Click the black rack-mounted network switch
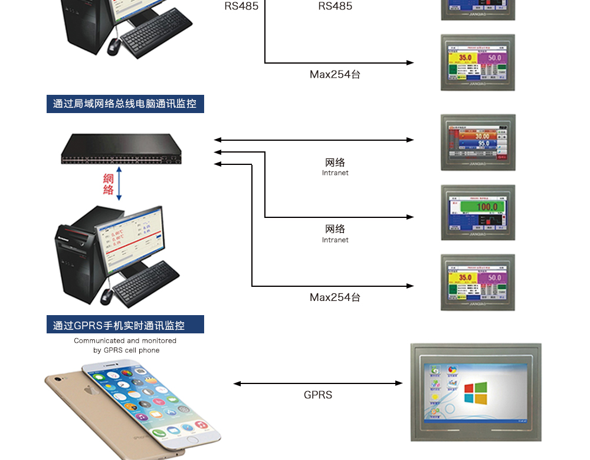coord(122,148)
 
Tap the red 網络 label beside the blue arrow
coord(108,184)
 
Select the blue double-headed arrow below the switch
coord(119,183)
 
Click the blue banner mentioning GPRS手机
coord(125,325)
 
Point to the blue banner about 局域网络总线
coord(125,104)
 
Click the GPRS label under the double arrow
coord(318,395)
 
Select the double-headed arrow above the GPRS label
coord(318,383)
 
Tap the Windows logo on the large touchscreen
coord(476,393)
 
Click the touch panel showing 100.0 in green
coord(478,212)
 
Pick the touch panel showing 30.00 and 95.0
coord(478,143)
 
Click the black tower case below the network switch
coord(75,256)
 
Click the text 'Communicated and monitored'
coord(125,340)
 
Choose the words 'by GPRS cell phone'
coord(126,350)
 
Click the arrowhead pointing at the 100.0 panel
coord(410,217)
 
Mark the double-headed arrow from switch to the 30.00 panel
coord(314,140)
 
